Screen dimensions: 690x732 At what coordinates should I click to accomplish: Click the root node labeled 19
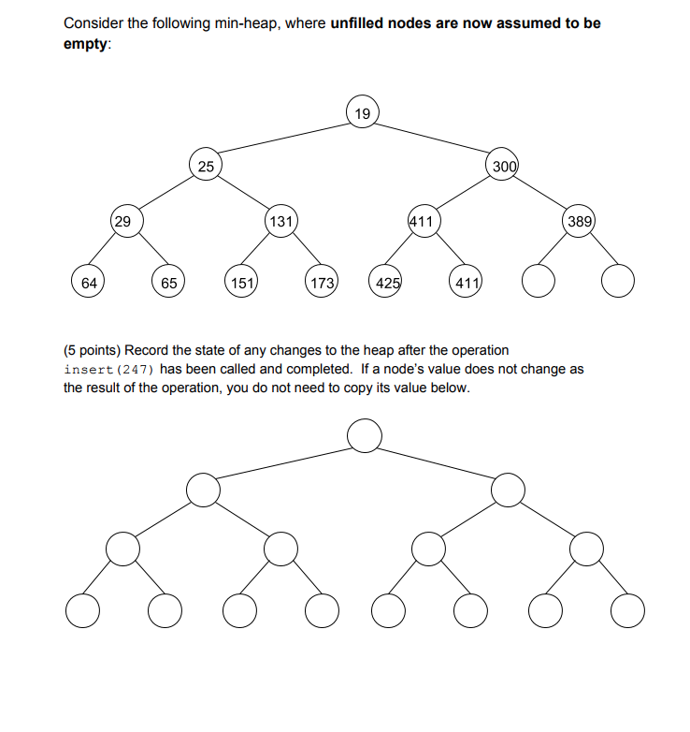pyautogui.click(x=363, y=113)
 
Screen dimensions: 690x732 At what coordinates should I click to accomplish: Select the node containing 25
pyautogui.click(x=206, y=166)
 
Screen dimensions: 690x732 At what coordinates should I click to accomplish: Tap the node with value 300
pyautogui.click(x=504, y=166)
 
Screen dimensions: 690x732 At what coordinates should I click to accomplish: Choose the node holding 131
pyautogui.click(x=280, y=222)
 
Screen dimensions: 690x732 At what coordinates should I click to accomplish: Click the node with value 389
pyautogui.click(x=579, y=222)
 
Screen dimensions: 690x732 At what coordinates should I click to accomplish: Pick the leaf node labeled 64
pyautogui.click(x=88, y=281)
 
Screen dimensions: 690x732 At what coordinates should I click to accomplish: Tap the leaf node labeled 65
pyautogui.click(x=168, y=281)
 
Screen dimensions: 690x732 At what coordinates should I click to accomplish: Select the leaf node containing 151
pyautogui.click(x=242, y=281)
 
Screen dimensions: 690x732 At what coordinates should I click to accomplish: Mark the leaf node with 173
pyautogui.click(x=322, y=281)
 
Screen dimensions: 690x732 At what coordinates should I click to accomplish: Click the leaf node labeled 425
pyautogui.click(x=385, y=281)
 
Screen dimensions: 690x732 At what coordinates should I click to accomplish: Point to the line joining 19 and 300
pyautogui.click(x=433, y=139)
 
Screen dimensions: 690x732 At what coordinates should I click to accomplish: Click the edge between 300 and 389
pyautogui.click(x=541, y=194)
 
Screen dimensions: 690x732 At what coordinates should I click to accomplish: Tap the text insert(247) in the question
pyautogui.click(x=101, y=369)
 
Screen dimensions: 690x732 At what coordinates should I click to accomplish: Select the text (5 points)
pyautogui.click(x=94, y=350)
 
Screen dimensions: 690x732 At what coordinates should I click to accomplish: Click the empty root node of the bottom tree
pyautogui.click(x=363, y=434)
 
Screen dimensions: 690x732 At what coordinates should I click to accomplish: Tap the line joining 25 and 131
pyautogui.click(x=243, y=194)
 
